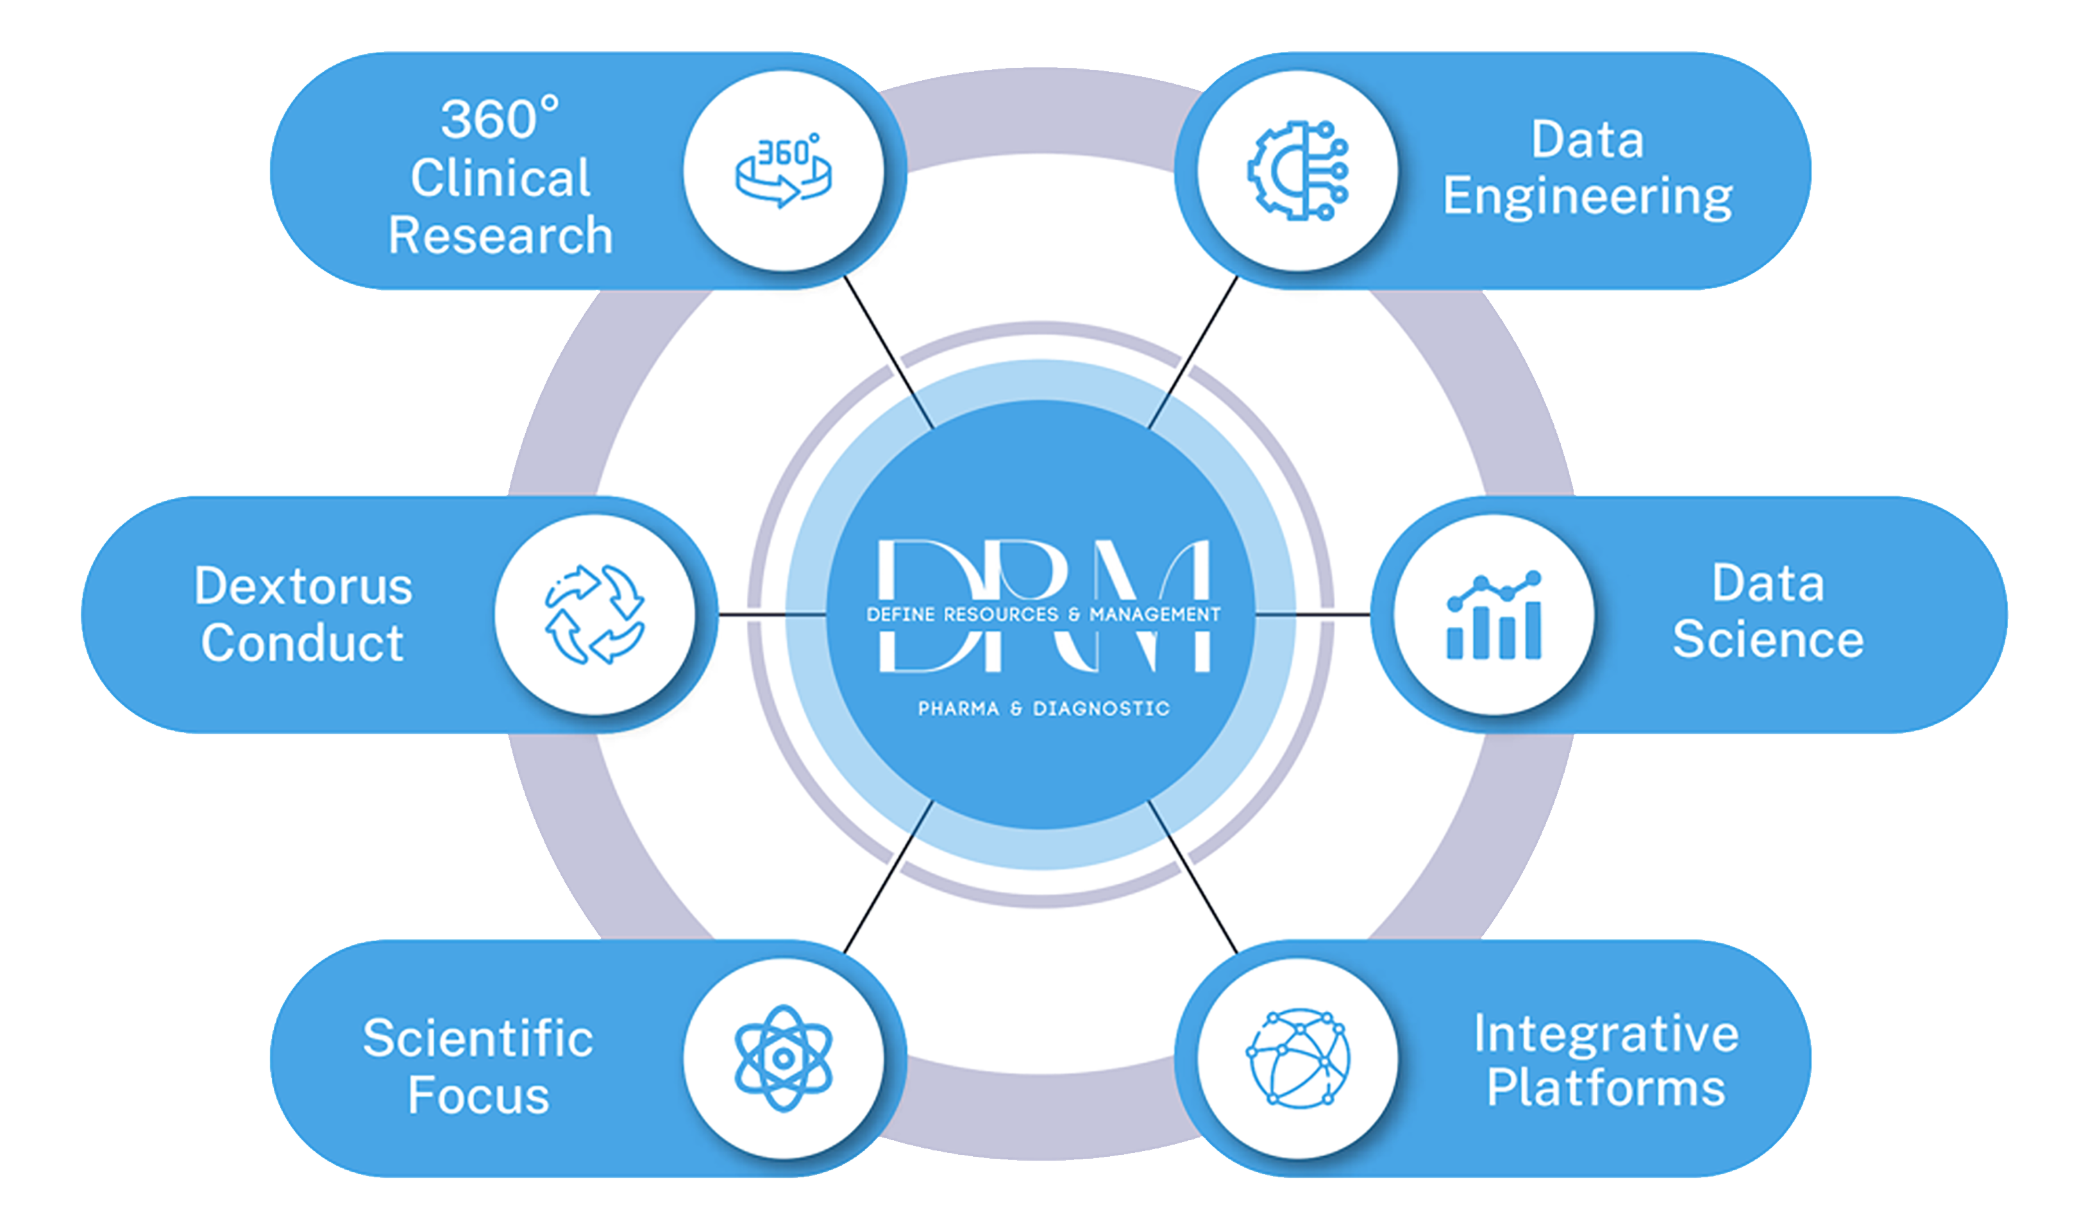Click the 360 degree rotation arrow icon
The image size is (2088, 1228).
pyautogui.click(x=783, y=171)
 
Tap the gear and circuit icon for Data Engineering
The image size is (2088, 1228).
pyautogui.click(x=1297, y=171)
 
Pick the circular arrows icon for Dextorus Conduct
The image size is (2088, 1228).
pyautogui.click(x=594, y=615)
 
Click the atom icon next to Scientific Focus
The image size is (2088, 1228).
pyautogui.click(x=783, y=1058)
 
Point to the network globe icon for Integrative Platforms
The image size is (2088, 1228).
pyautogui.click(x=1297, y=1058)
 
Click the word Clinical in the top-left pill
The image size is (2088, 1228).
pyautogui.click(x=500, y=178)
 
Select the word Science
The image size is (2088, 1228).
pyautogui.click(x=1767, y=640)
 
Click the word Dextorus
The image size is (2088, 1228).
pyautogui.click(x=303, y=586)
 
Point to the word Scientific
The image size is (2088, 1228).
pyautogui.click(x=478, y=1038)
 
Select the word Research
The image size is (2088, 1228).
pyautogui.click(x=500, y=235)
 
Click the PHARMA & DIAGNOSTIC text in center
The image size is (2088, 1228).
pyautogui.click(x=1043, y=709)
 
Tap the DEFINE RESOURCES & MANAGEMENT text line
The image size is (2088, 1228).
pyautogui.click(x=1043, y=614)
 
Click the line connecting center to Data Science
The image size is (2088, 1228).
pyautogui.click(x=1313, y=615)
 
